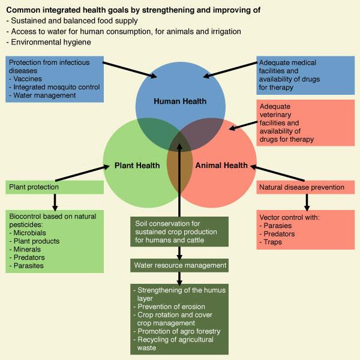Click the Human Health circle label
(x=180, y=101)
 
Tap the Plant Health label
(x=137, y=166)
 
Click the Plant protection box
(x=55, y=187)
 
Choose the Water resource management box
(x=179, y=265)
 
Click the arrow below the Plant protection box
(x=55, y=200)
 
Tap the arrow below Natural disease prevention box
(x=305, y=201)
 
